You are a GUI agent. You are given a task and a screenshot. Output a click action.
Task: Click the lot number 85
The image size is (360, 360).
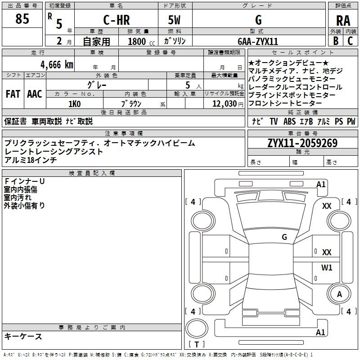[x=22, y=18]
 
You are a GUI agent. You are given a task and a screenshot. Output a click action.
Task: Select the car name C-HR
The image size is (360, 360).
[x=117, y=20]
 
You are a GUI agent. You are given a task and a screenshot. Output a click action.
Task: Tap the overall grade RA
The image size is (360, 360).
[x=343, y=21]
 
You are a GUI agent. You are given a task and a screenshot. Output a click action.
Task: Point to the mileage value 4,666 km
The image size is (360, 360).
[x=57, y=64]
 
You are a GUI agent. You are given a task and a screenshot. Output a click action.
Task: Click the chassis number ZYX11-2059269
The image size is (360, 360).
[x=302, y=143]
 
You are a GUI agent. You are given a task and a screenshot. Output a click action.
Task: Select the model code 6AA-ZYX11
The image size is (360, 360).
[x=258, y=41]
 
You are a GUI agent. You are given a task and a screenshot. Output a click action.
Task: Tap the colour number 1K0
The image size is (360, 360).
[x=75, y=104]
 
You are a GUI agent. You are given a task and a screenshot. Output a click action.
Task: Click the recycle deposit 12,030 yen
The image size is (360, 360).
[x=228, y=104]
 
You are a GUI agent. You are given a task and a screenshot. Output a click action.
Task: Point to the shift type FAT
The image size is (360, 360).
[x=13, y=94]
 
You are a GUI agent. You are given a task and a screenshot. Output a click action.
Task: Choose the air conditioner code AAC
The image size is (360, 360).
[x=35, y=94]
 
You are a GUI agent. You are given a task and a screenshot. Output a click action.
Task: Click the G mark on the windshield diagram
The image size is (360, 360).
[x=284, y=237]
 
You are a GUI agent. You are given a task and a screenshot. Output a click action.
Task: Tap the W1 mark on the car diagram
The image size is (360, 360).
[x=327, y=267]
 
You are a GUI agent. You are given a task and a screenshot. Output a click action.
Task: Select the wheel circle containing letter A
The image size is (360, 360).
[x=339, y=294]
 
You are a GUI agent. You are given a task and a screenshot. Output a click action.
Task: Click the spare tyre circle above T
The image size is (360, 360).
[x=197, y=328]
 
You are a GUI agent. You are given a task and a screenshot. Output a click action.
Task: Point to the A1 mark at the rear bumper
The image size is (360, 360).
[x=320, y=332]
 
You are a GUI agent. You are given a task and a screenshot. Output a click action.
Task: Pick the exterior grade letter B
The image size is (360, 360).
[x=336, y=41]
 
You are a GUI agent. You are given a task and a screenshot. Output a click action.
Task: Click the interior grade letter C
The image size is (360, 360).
[x=350, y=41]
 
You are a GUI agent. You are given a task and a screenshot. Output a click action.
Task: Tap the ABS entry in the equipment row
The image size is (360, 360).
[x=289, y=121]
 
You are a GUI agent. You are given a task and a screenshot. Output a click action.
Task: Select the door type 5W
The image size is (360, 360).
[x=174, y=20]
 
